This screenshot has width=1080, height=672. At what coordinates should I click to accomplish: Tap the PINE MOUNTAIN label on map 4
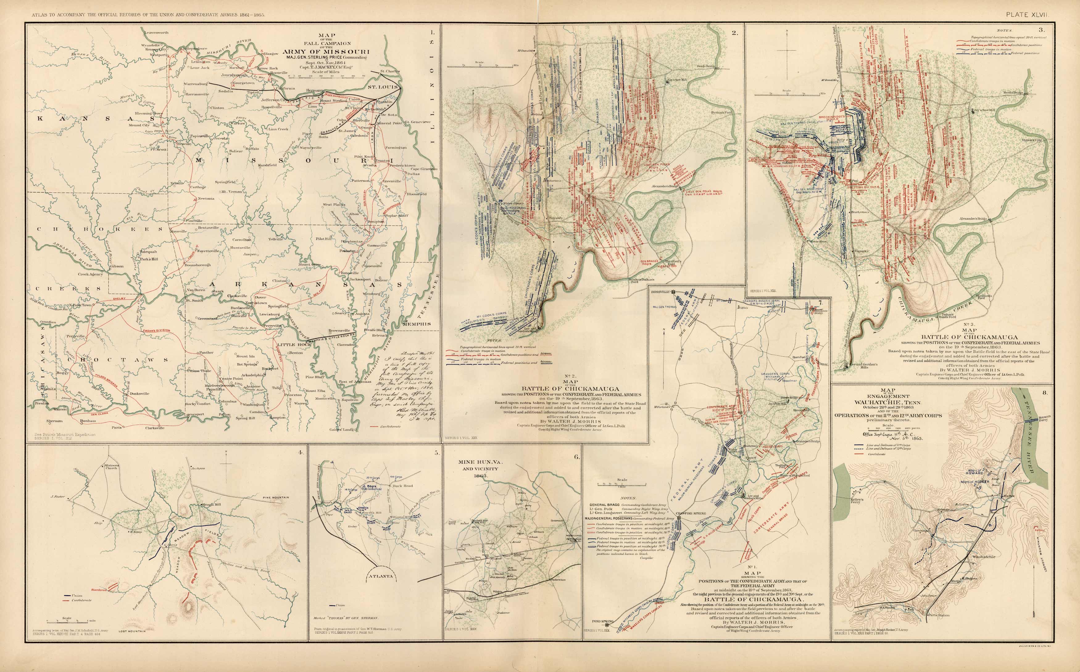(276, 497)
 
